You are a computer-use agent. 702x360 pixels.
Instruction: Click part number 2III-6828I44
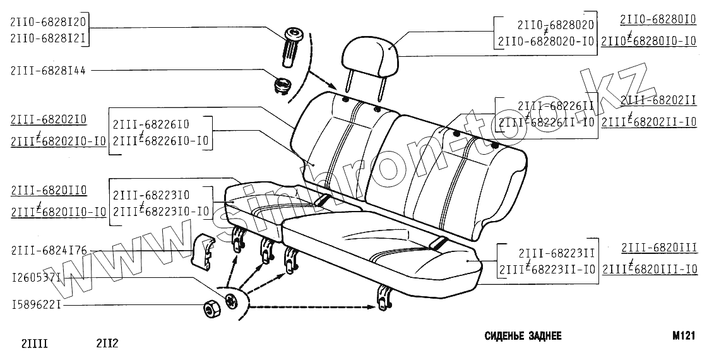(x=48, y=71)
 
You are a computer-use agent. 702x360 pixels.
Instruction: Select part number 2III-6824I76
(x=48, y=251)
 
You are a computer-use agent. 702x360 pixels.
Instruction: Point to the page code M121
(x=683, y=337)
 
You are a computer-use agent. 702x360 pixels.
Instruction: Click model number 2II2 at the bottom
(x=107, y=344)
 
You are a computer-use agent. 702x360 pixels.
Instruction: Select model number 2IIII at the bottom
(x=35, y=344)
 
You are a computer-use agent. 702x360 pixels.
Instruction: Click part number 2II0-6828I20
(x=48, y=22)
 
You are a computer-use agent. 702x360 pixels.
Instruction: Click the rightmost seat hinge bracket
(x=383, y=296)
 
